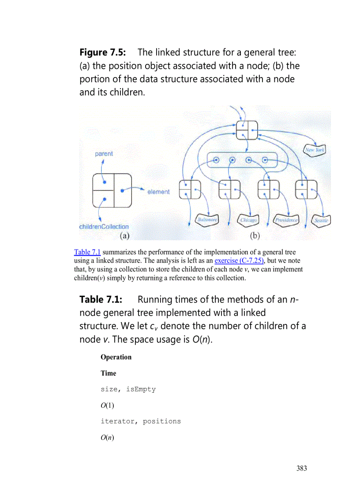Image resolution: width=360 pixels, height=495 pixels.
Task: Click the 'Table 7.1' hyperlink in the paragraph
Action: coord(87,252)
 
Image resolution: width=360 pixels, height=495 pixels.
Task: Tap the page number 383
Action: coord(301,468)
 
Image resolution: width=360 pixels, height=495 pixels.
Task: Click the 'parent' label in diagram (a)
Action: coord(104,154)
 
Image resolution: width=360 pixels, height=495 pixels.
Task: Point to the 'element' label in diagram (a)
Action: coord(158,192)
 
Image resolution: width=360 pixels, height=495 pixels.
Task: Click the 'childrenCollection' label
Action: coord(104,227)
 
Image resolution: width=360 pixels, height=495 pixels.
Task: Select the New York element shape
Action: coord(315,150)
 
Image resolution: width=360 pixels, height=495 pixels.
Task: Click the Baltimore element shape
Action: coord(207,220)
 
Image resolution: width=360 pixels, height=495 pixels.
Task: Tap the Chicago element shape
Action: coord(248,220)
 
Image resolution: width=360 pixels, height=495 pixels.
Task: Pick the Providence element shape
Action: coord(285,220)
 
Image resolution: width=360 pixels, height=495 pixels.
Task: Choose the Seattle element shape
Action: coord(321,220)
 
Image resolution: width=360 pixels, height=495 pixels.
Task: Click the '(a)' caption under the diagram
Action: coord(124,236)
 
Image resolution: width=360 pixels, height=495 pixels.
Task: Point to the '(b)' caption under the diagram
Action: coord(255,236)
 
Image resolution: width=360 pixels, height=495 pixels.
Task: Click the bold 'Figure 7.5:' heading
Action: coord(103,52)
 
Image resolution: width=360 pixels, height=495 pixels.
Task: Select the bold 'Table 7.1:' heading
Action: coord(101,300)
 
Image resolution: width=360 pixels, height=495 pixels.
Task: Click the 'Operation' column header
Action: coord(116,357)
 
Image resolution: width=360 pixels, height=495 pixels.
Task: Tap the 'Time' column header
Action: coord(108,373)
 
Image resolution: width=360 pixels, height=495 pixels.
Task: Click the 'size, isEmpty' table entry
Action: coord(128,389)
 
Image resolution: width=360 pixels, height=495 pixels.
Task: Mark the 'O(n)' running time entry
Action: coord(107,437)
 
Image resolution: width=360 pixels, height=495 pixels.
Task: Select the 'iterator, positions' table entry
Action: coord(140,421)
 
